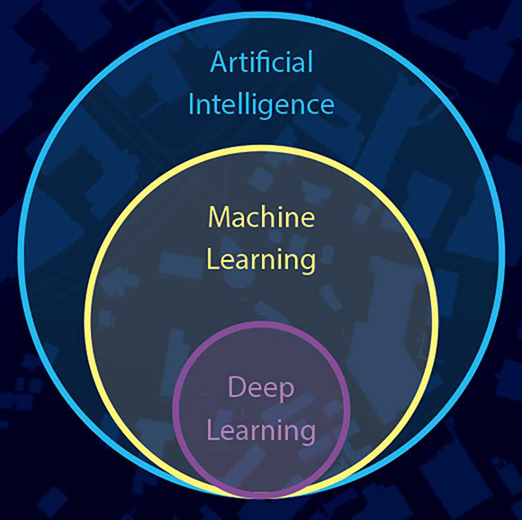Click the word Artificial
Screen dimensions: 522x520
262,61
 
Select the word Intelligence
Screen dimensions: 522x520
261,104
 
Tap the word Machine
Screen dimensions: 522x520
261,217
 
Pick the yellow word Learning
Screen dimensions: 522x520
261,260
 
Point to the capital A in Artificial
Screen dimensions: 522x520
220,62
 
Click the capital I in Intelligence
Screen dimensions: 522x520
192,104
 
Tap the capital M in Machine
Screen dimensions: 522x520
220,217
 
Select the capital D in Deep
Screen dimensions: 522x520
237,387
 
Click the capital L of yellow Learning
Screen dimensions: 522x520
213,259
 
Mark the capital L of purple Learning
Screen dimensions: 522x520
213,430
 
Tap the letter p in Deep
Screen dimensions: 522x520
287,392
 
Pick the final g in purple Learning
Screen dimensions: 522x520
308,435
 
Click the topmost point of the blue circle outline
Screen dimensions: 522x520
262,16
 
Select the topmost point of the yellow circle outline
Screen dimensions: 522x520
262,148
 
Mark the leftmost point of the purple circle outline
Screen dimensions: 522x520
175,410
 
